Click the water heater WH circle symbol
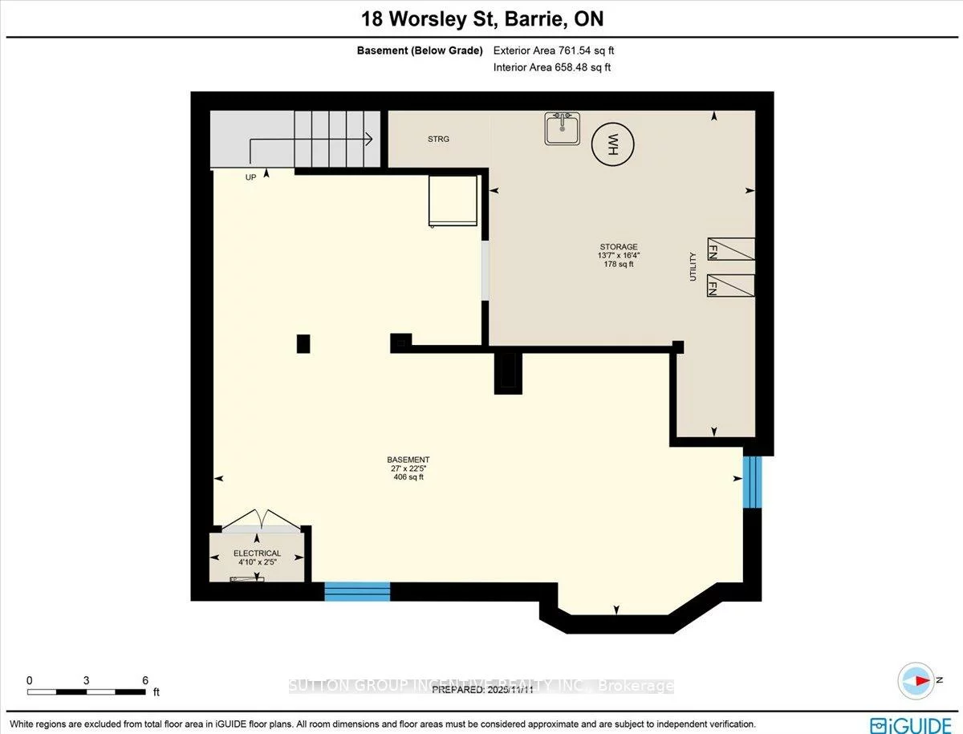pyautogui.click(x=612, y=144)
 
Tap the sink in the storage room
pyautogui.click(x=563, y=128)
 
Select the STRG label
pyautogui.click(x=438, y=139)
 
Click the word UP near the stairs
pyautogui.click(x=251, y=177)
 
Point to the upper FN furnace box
pyautogui.click(x=730, y=249)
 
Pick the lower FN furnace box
pyautogui.click(x=730, y=286)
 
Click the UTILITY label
pyautogui.click(x=693, y=267)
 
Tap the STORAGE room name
pyautogui.click(x=619, y=247)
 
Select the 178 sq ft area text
pyautogui.click(x=619, y=264)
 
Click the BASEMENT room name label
pyautogui.click(x=408, y=460)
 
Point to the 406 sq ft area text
pyautogui.click(x=408, y=477)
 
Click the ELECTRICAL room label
pyautogui.click(x=257, y=554)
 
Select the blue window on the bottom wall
pyautogui.click(x=357, y=592)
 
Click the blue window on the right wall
pyautogui.click(x=751, y=482)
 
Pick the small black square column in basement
pyautogui.click(x=303, y=343)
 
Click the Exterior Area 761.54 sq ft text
pyautogui.click(x=554, y=51)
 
